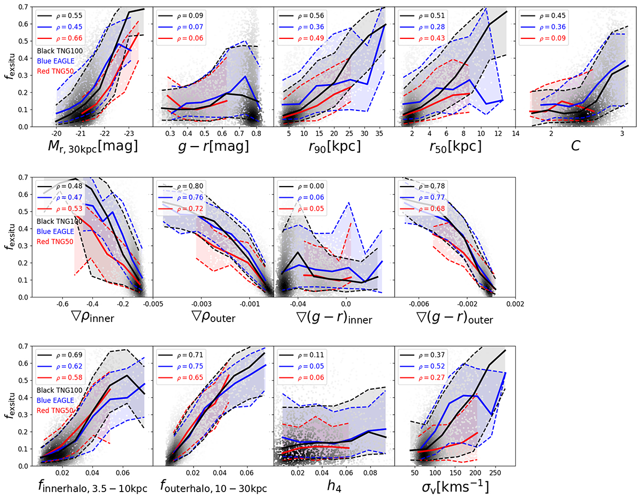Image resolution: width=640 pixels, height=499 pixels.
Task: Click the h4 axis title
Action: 334,487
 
